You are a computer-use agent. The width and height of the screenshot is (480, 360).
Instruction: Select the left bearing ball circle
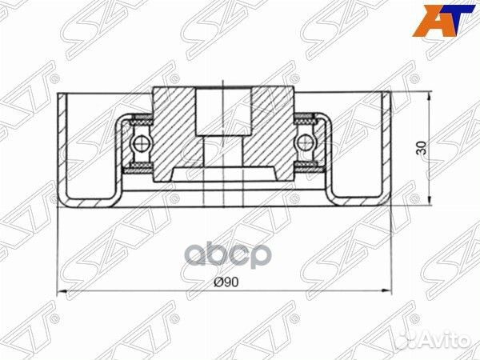[142, 143]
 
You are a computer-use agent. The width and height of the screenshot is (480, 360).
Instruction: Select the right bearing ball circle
[304, 143]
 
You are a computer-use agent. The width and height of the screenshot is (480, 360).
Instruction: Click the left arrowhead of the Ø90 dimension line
[62, 289]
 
